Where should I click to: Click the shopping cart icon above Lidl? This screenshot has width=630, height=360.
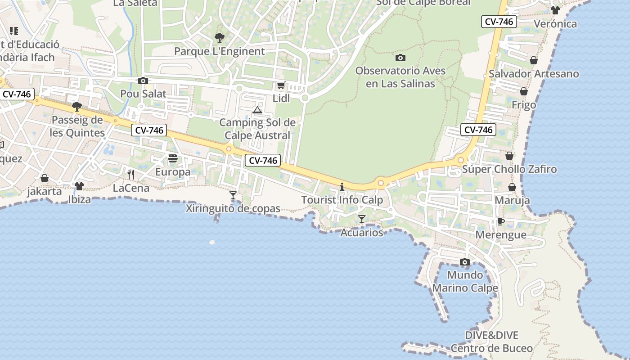[281, 85]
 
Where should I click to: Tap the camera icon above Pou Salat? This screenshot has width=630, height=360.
[143, 81]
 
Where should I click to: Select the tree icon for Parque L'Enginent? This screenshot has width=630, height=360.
[219, 37]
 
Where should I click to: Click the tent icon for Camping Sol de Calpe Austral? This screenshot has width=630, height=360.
[257, 110]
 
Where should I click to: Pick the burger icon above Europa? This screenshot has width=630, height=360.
[173, 158]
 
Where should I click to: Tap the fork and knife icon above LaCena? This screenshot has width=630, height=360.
[131, 174]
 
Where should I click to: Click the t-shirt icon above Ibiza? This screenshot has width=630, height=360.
[79, 186]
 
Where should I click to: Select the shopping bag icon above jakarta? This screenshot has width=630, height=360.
[45, 178]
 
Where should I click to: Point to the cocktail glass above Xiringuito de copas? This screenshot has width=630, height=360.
[233, 195]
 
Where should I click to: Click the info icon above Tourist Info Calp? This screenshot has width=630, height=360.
[342, 187]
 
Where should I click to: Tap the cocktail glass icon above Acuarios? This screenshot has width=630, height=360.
[361, 219]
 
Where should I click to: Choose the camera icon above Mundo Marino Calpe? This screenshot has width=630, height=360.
[465, 262]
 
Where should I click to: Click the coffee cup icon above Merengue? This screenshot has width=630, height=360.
[500, 221]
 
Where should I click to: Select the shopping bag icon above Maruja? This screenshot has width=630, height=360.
[512, 187]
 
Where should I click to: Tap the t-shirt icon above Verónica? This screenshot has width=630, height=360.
[555, 10]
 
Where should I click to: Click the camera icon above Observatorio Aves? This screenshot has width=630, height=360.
[400, 58]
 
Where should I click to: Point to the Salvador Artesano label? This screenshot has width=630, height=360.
[534, 74]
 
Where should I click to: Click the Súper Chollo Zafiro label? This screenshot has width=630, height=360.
[509, 169]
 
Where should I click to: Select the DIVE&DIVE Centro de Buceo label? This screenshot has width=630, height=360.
[491, 342]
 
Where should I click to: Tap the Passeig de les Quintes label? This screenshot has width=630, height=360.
[77, 126]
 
